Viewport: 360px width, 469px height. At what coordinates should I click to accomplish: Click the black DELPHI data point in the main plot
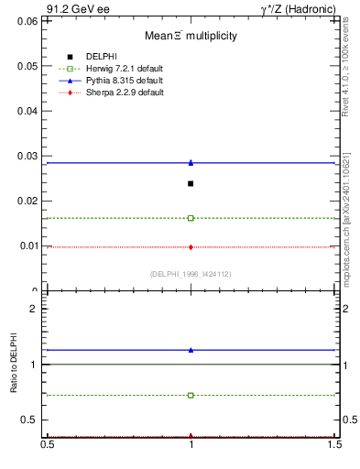pyautogui.click(x=191, y=183)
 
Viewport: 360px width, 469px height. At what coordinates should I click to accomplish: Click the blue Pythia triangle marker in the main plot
pyautogui.click(x=191, y=162)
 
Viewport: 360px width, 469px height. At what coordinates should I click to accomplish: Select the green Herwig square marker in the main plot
pyautogui.click(x=191, y=218)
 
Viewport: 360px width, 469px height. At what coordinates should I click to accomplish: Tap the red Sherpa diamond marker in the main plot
pyautogui.click(x=191, y=246)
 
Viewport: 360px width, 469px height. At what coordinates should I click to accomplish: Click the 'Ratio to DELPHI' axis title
pyautogui.click(x=15, y=365)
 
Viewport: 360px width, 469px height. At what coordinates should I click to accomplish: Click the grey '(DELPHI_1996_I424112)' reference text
pyautogui.click(x=191, y=274)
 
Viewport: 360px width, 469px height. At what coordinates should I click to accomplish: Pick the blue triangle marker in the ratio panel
pyautogui.click(x=191, y=350)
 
